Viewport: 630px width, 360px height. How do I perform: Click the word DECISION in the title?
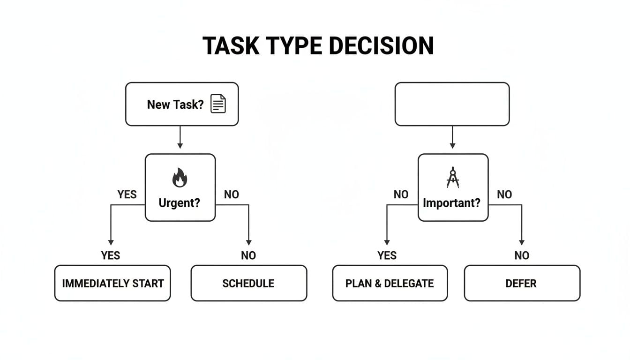coord(381,46)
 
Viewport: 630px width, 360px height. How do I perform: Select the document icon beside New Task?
coord(218,104)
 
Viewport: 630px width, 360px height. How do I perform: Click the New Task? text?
coord(175,104)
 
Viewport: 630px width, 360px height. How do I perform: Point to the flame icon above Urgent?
coord(180,178)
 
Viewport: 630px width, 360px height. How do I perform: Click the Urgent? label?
coord(180,203)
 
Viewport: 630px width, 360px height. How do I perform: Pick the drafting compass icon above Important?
coord(453,178)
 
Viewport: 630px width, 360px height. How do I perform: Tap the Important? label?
coord(452,203)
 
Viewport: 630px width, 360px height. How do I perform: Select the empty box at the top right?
coord(452,104)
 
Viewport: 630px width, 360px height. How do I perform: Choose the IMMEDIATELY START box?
coord(112,283)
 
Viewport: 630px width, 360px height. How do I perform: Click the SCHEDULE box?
coord(248,283)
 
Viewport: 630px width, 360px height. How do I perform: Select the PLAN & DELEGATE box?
coord(390,283)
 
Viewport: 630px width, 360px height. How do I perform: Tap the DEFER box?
coord(522,283)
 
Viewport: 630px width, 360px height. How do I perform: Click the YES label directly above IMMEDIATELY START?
coord(111,255)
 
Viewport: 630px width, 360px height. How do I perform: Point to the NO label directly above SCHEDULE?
coord(248,255)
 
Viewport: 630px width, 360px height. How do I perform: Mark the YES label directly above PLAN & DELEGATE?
coord(387,255)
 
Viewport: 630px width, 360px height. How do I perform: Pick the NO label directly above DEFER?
coord(522,255)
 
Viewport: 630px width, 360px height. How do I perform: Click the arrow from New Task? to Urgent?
coord(180,139)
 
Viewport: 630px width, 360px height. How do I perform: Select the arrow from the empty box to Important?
coord(452,139)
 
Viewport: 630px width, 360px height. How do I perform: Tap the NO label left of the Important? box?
coord(401,195)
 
